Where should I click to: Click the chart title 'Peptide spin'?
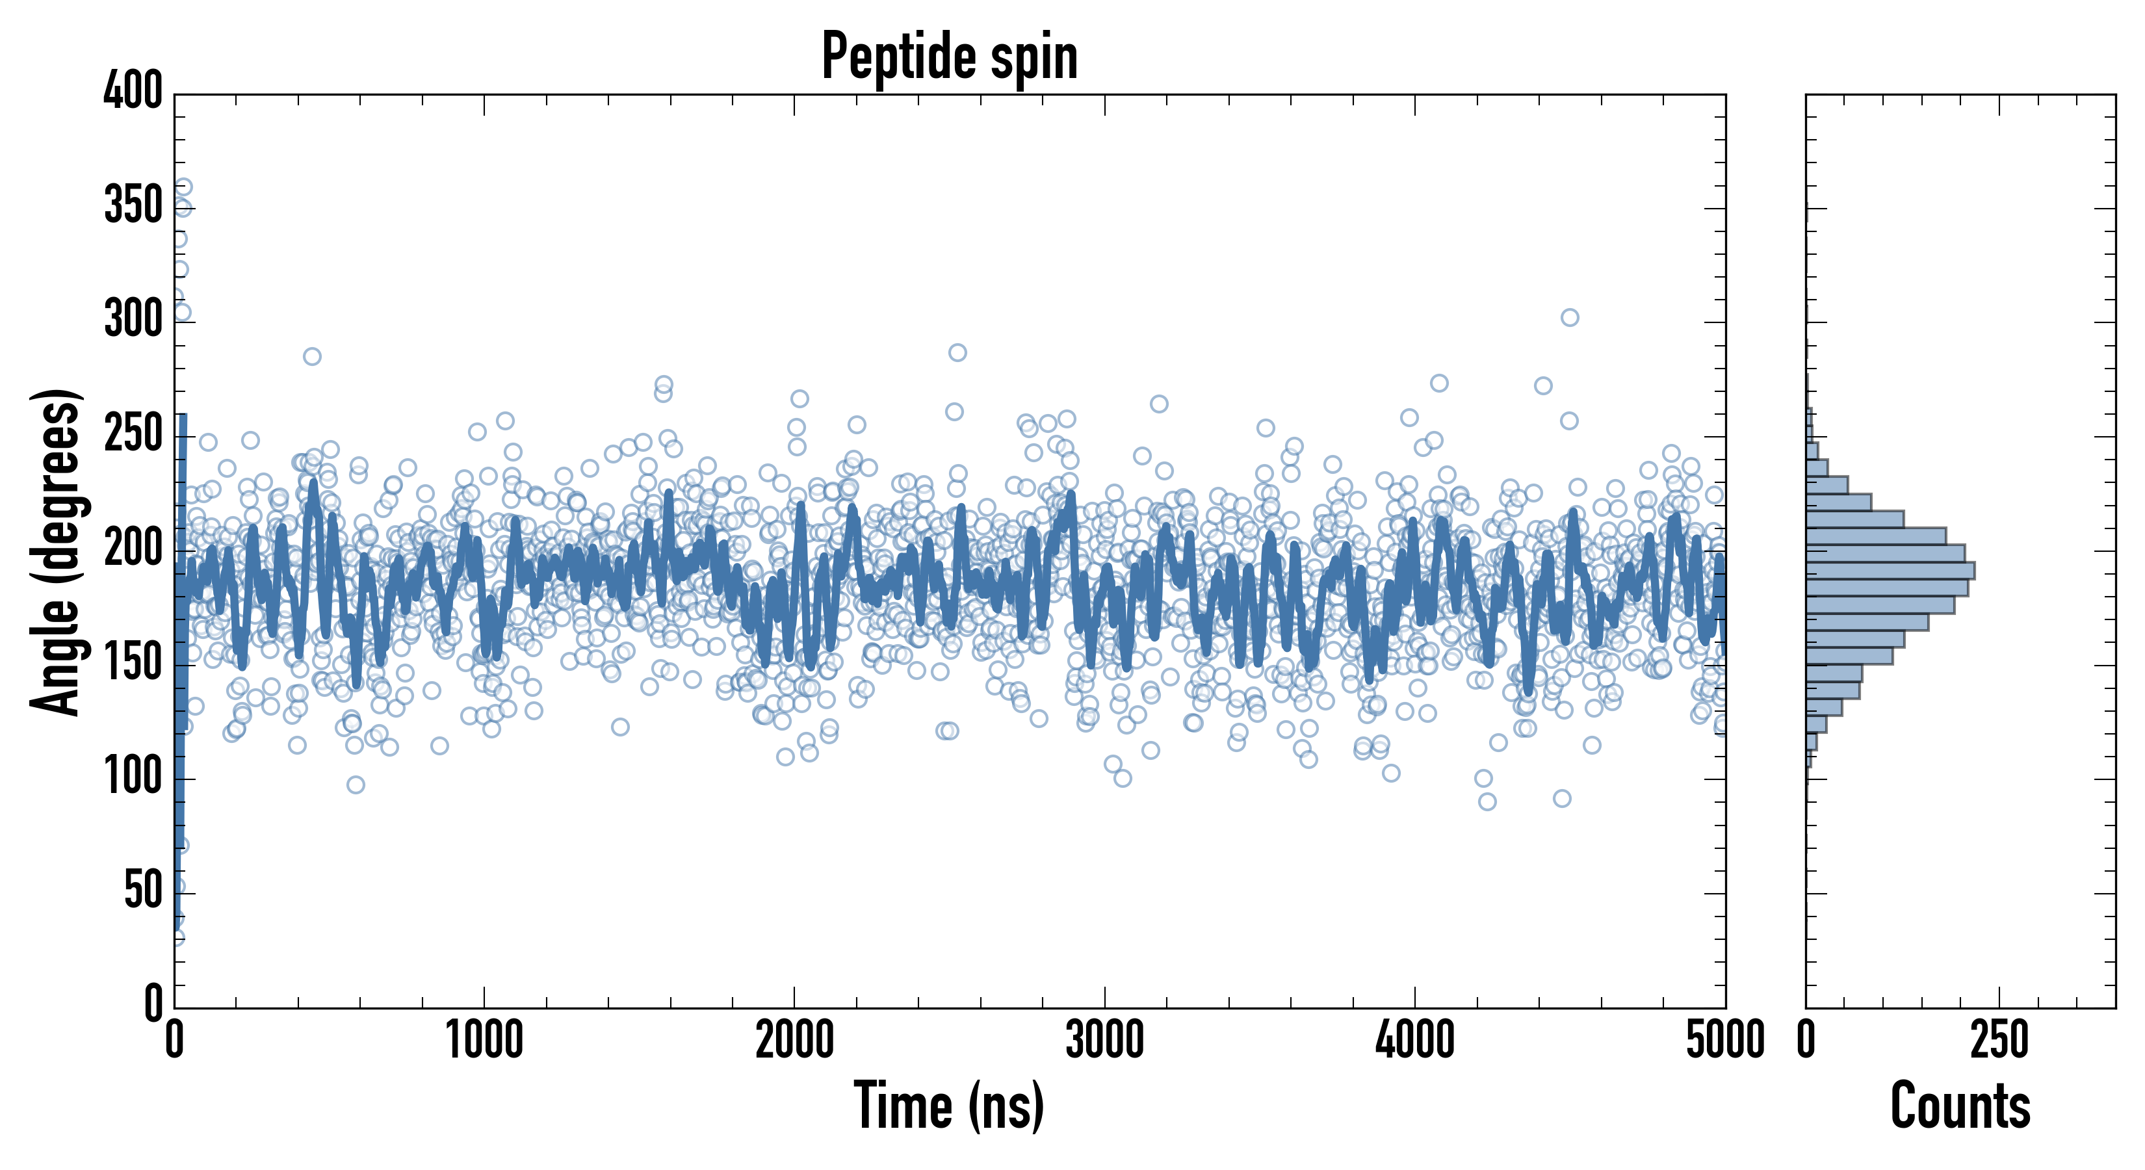949,57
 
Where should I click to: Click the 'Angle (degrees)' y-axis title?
57,551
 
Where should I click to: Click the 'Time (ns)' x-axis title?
949,1106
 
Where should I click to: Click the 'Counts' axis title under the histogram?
1960,1106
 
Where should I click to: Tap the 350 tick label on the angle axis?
133,205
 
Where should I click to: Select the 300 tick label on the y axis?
133,319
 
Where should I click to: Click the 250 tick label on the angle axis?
133,434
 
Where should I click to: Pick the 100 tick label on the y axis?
133,777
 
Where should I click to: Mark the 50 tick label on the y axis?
143,891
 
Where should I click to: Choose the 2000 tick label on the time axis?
794,1041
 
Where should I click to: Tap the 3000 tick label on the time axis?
1105,1041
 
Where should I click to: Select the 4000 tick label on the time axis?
1415,1041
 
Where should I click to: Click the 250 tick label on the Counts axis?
1999,1041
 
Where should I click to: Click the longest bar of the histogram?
1890,571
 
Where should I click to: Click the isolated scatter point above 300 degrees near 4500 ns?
1570,317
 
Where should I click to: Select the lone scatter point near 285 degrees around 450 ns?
312,356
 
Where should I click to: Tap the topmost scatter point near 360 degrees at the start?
183,187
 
